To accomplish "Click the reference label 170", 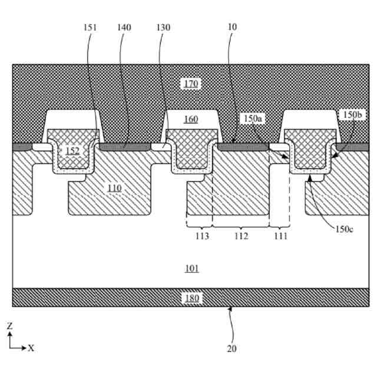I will click(x=190, y=84).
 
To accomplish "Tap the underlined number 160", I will click(x=190, y=120).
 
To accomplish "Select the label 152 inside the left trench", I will click(x=72, y=151).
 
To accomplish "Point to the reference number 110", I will click(x=114, y=188).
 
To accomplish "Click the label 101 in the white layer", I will click(x=191, y=269).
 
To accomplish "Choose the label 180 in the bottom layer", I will click(x=191, y=298).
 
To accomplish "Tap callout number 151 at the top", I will click(x=91, y=28).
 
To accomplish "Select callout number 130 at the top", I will click(x=164, y=28).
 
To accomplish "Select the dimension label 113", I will click(x=202, y=236).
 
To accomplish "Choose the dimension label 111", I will click(x=280, y=236).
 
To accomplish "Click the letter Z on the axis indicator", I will click(x=10, y=325).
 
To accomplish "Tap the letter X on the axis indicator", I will click(x=31, y=348).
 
